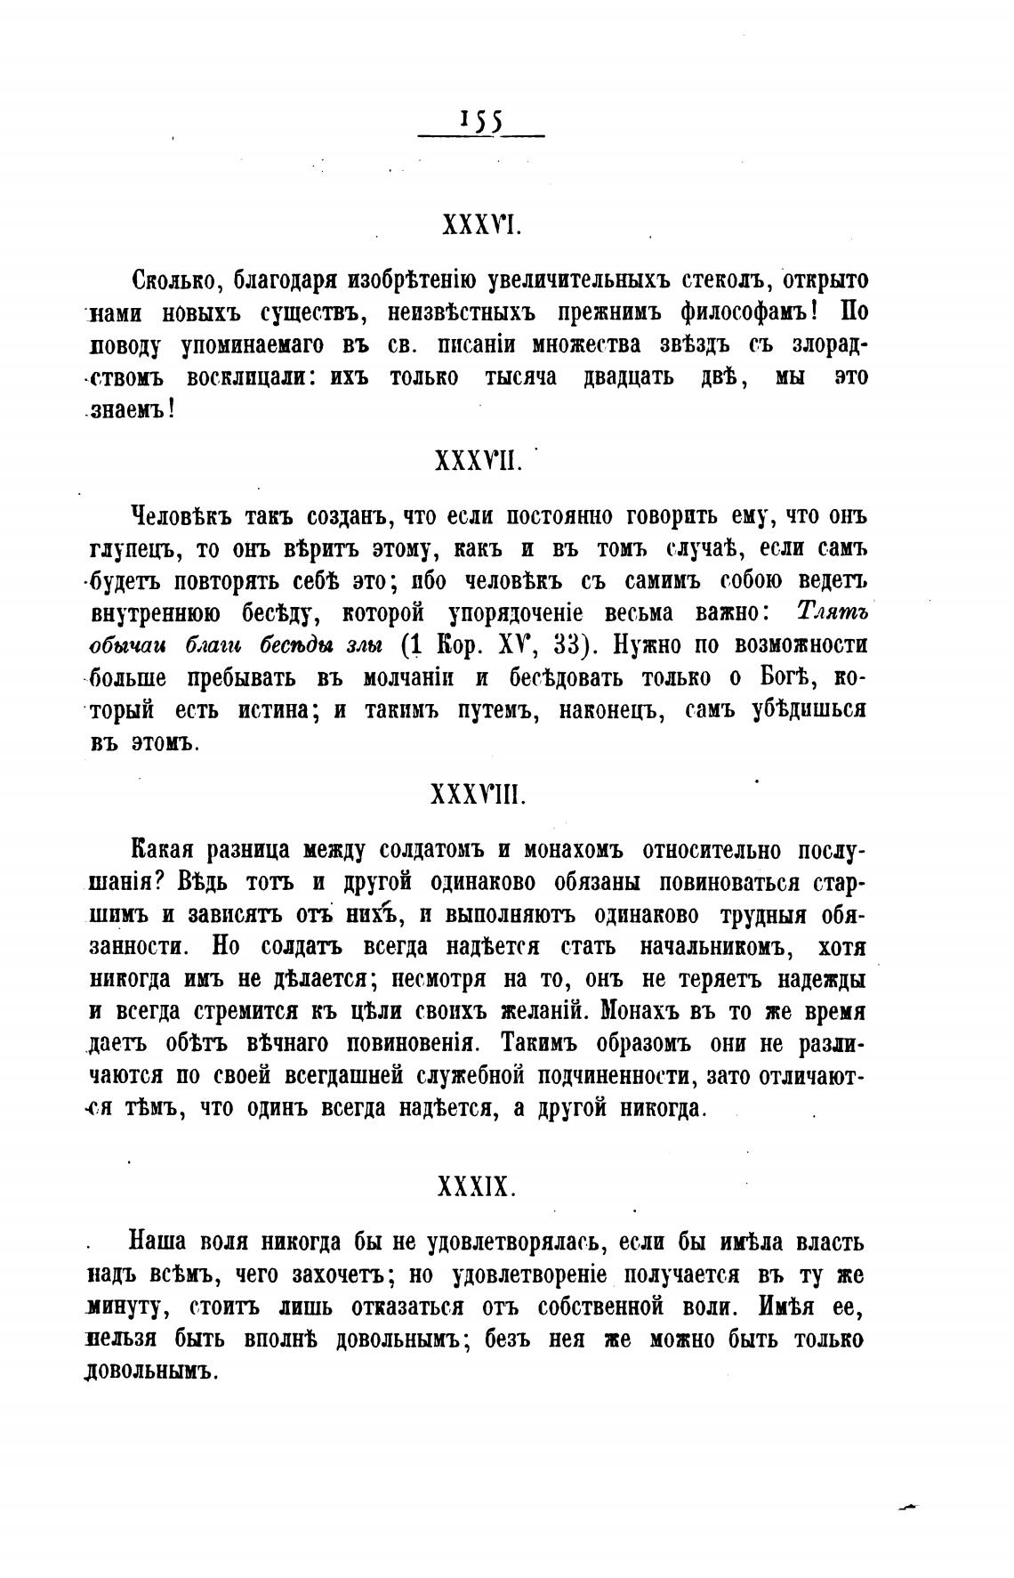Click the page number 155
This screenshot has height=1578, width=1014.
click(x=481, y=121)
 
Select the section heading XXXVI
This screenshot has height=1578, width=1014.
click(x=480, y=227)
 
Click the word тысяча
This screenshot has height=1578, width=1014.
click(x=520, y=377)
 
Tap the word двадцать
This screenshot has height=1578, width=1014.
click(x=626, y=377)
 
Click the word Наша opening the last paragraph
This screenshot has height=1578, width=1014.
click(x=157, y=1242)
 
